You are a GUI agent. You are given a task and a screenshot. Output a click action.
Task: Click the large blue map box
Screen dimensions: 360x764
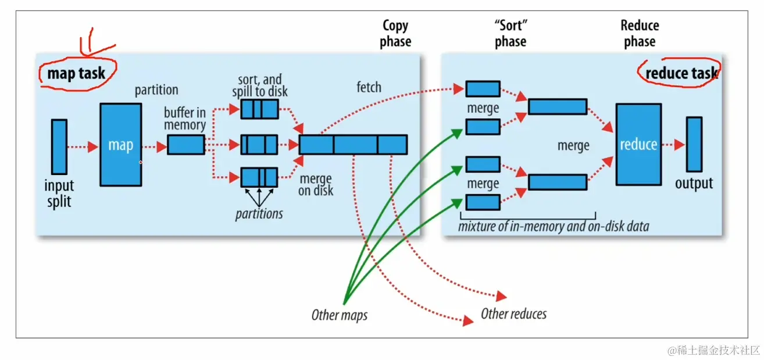(120, 145)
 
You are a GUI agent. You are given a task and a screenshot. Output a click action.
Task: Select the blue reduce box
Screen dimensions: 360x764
(638, 144)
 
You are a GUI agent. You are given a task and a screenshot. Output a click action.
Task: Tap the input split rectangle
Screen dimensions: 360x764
(59, 147)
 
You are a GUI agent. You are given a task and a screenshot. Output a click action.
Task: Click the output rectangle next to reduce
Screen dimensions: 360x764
(694, 144)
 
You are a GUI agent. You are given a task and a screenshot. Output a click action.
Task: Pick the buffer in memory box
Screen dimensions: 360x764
(186, 145)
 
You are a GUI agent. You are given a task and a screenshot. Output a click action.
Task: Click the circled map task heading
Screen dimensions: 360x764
(76, 73)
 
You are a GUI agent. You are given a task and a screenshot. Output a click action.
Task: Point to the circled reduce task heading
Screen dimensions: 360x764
(681, 73)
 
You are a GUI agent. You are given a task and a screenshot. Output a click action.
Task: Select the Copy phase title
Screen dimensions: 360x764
(395, 34)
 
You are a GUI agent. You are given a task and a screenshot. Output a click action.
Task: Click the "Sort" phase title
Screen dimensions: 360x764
(510, 34)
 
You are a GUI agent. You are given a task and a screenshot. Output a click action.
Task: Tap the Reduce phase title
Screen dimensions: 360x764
(640, 34)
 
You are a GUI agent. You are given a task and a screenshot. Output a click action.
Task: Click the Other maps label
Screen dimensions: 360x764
(340, 315)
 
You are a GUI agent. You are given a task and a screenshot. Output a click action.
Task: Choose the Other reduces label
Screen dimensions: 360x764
(513, 314)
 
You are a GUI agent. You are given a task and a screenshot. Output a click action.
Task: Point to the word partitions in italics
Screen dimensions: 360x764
(259, 213)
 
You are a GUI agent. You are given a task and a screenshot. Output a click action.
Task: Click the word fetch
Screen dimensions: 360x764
(369, 87)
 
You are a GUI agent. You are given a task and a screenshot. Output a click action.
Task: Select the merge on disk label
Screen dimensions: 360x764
(315, 184)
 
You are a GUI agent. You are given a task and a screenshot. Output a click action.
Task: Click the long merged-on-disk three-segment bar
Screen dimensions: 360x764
(353, 144)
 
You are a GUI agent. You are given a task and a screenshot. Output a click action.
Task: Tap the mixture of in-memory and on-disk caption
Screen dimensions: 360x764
(553, 226)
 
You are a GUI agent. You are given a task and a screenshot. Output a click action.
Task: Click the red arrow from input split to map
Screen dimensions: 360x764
(83, 147)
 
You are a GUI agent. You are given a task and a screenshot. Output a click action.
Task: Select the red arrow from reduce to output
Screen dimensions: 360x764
(673, 145)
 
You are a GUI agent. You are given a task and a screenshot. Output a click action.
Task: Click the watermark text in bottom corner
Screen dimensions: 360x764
(713, 350)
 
